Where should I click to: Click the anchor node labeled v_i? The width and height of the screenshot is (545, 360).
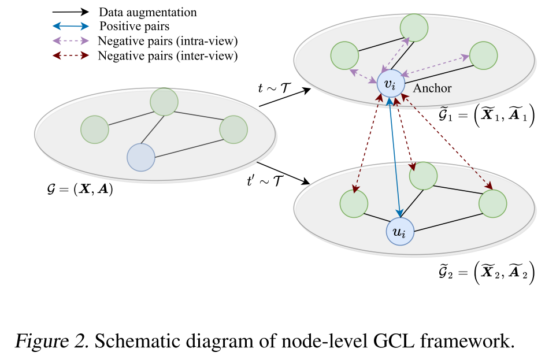coord(391,85)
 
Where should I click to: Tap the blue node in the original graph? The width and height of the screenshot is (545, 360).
coord(140,157)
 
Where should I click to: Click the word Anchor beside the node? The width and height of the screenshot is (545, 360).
coord(432,88)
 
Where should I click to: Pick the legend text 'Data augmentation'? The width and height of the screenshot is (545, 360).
coord(147,12)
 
